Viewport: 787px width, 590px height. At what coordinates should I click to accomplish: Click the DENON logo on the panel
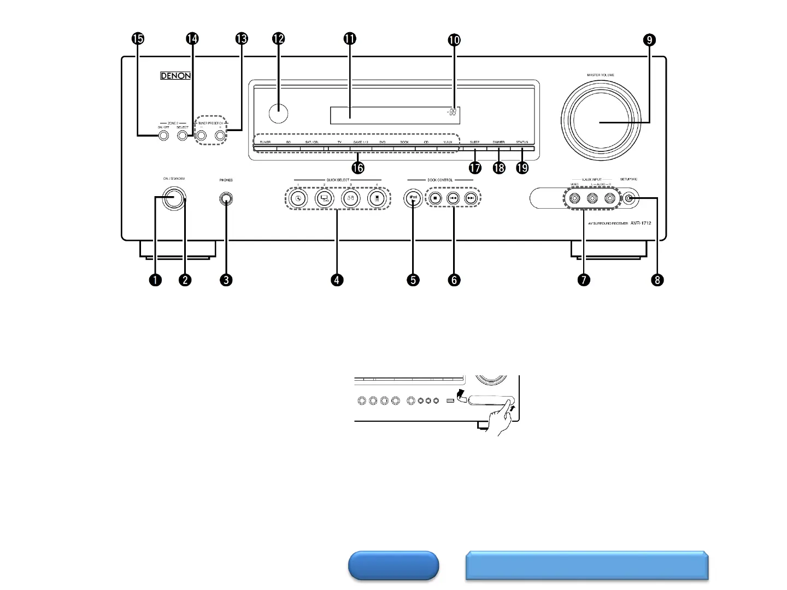175,76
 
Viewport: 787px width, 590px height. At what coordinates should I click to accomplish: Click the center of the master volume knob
600,122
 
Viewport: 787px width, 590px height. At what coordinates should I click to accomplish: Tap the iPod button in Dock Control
413,198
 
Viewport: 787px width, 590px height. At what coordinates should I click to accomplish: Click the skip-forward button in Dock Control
471,198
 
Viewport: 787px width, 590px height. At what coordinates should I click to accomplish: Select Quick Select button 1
297,198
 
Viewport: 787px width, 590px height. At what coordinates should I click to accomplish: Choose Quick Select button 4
377,198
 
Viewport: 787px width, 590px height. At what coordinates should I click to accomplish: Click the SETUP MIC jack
630,199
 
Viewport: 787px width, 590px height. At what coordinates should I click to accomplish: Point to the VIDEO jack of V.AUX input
574,199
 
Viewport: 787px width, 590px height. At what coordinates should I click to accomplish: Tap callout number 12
278,39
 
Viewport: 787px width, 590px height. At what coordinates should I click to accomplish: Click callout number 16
359,168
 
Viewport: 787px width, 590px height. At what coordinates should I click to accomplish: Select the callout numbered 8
657,280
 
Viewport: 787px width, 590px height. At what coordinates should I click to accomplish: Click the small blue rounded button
393,565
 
